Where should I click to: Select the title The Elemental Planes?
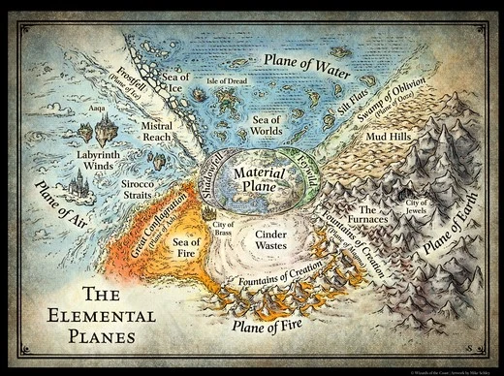tap(89, 314)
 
